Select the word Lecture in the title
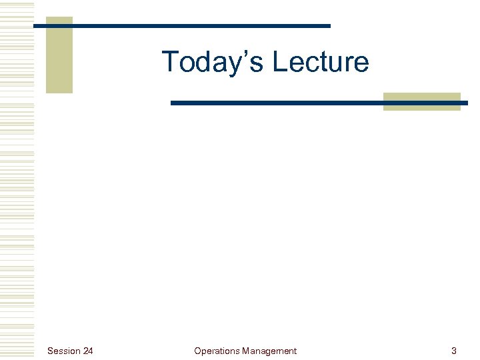click(x=321, y=61)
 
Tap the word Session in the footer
click(x=64, y=351)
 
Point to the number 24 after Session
click(x=88, y=351)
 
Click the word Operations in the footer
click(x=217, y=351)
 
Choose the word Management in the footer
click(x=269, y=351)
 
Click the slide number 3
click(x=454, y=351)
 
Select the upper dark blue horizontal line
click(x=181, y=26)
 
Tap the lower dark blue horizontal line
click(x=319, y=103)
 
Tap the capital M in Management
click(x=246, y=351)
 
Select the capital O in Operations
click(x=197, y=351)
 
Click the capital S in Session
click(x=51, y=351)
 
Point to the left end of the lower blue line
click(x=173, y=103)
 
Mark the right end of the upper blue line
click(x=329, y=26)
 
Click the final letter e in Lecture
click(x=362, y=65)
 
